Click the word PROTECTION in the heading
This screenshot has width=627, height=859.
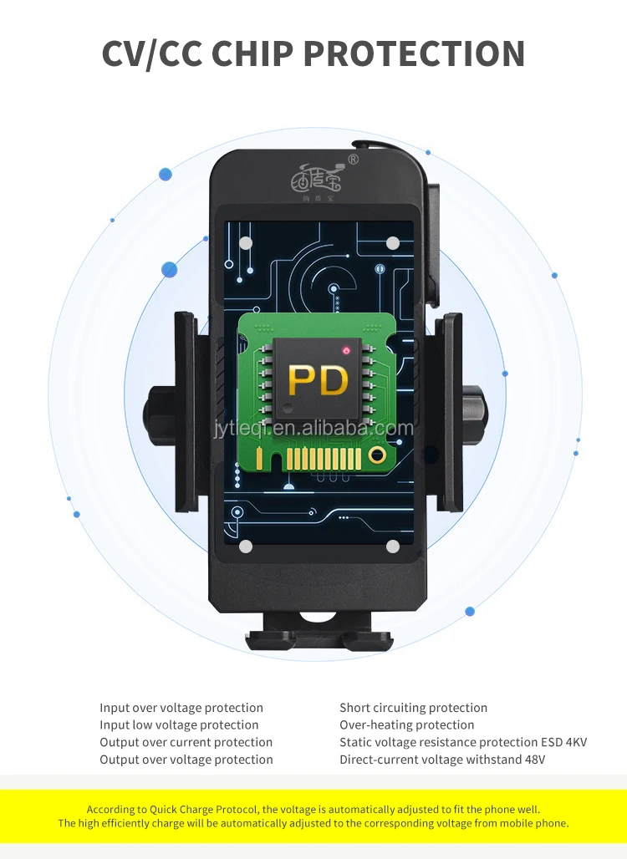pos(414,53)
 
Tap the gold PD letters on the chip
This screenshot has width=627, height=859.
pos(318,380)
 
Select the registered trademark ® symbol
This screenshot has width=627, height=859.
pos(354,159)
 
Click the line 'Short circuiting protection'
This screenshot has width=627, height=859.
pos(413,708)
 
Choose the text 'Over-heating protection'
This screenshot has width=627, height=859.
pos(406,725)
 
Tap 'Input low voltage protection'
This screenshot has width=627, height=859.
pos(179,725)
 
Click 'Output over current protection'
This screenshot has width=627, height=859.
pos(186,742)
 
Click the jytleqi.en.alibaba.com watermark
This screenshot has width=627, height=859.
pos(313,429)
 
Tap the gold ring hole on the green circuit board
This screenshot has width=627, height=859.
pos(377,455)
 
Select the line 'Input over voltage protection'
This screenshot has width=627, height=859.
pos(181,708)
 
